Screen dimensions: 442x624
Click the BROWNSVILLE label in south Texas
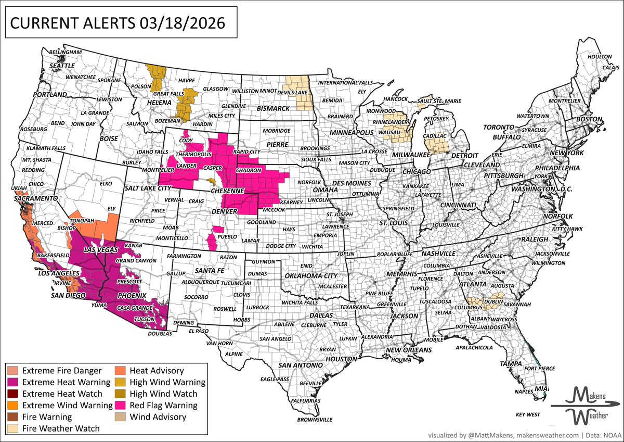(x=314, y=420)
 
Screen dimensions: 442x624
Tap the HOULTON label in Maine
(x=599, y=56)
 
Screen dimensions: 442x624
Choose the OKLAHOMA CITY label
(x=309, y=275)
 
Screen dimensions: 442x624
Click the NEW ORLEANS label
(x=410, y=350)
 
